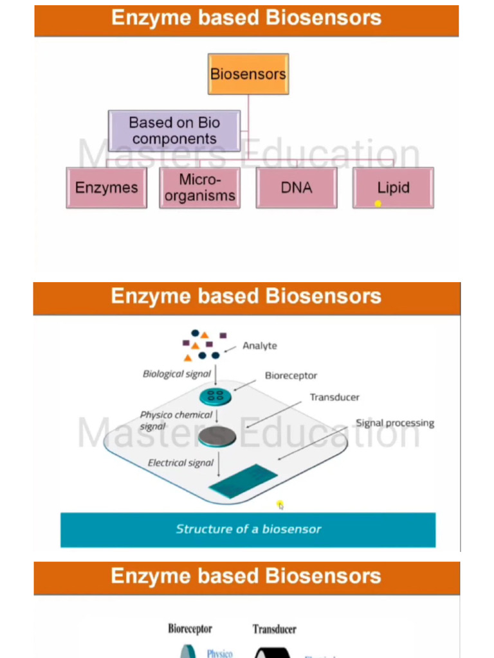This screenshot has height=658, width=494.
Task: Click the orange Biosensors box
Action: tap(248, 74)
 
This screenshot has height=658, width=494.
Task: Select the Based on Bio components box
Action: tap(174, 130)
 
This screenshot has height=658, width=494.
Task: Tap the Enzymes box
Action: tap(106, 188)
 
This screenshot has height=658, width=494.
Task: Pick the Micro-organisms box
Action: tap(199, 188)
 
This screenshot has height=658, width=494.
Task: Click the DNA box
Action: tap(297, 188)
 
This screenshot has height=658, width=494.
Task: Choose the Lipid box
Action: tap(393, 188)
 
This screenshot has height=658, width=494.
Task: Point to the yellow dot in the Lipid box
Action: tap(378, 204)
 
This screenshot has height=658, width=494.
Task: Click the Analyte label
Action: tap(259, 346)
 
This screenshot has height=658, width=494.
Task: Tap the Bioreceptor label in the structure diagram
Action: tap(291, 375)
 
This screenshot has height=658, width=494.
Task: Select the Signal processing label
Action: tap(395, 423)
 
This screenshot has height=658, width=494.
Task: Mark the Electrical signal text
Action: tap(181, 463)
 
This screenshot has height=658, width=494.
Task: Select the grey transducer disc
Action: tap(217, 437)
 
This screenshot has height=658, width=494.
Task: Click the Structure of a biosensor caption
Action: tap(248, 529)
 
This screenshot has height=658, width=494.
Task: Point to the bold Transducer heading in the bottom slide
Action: tap(275, 629)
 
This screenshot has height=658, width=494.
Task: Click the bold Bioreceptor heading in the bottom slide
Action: tap(190, 628)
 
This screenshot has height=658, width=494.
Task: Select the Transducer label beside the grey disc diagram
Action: tap(334, 397)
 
